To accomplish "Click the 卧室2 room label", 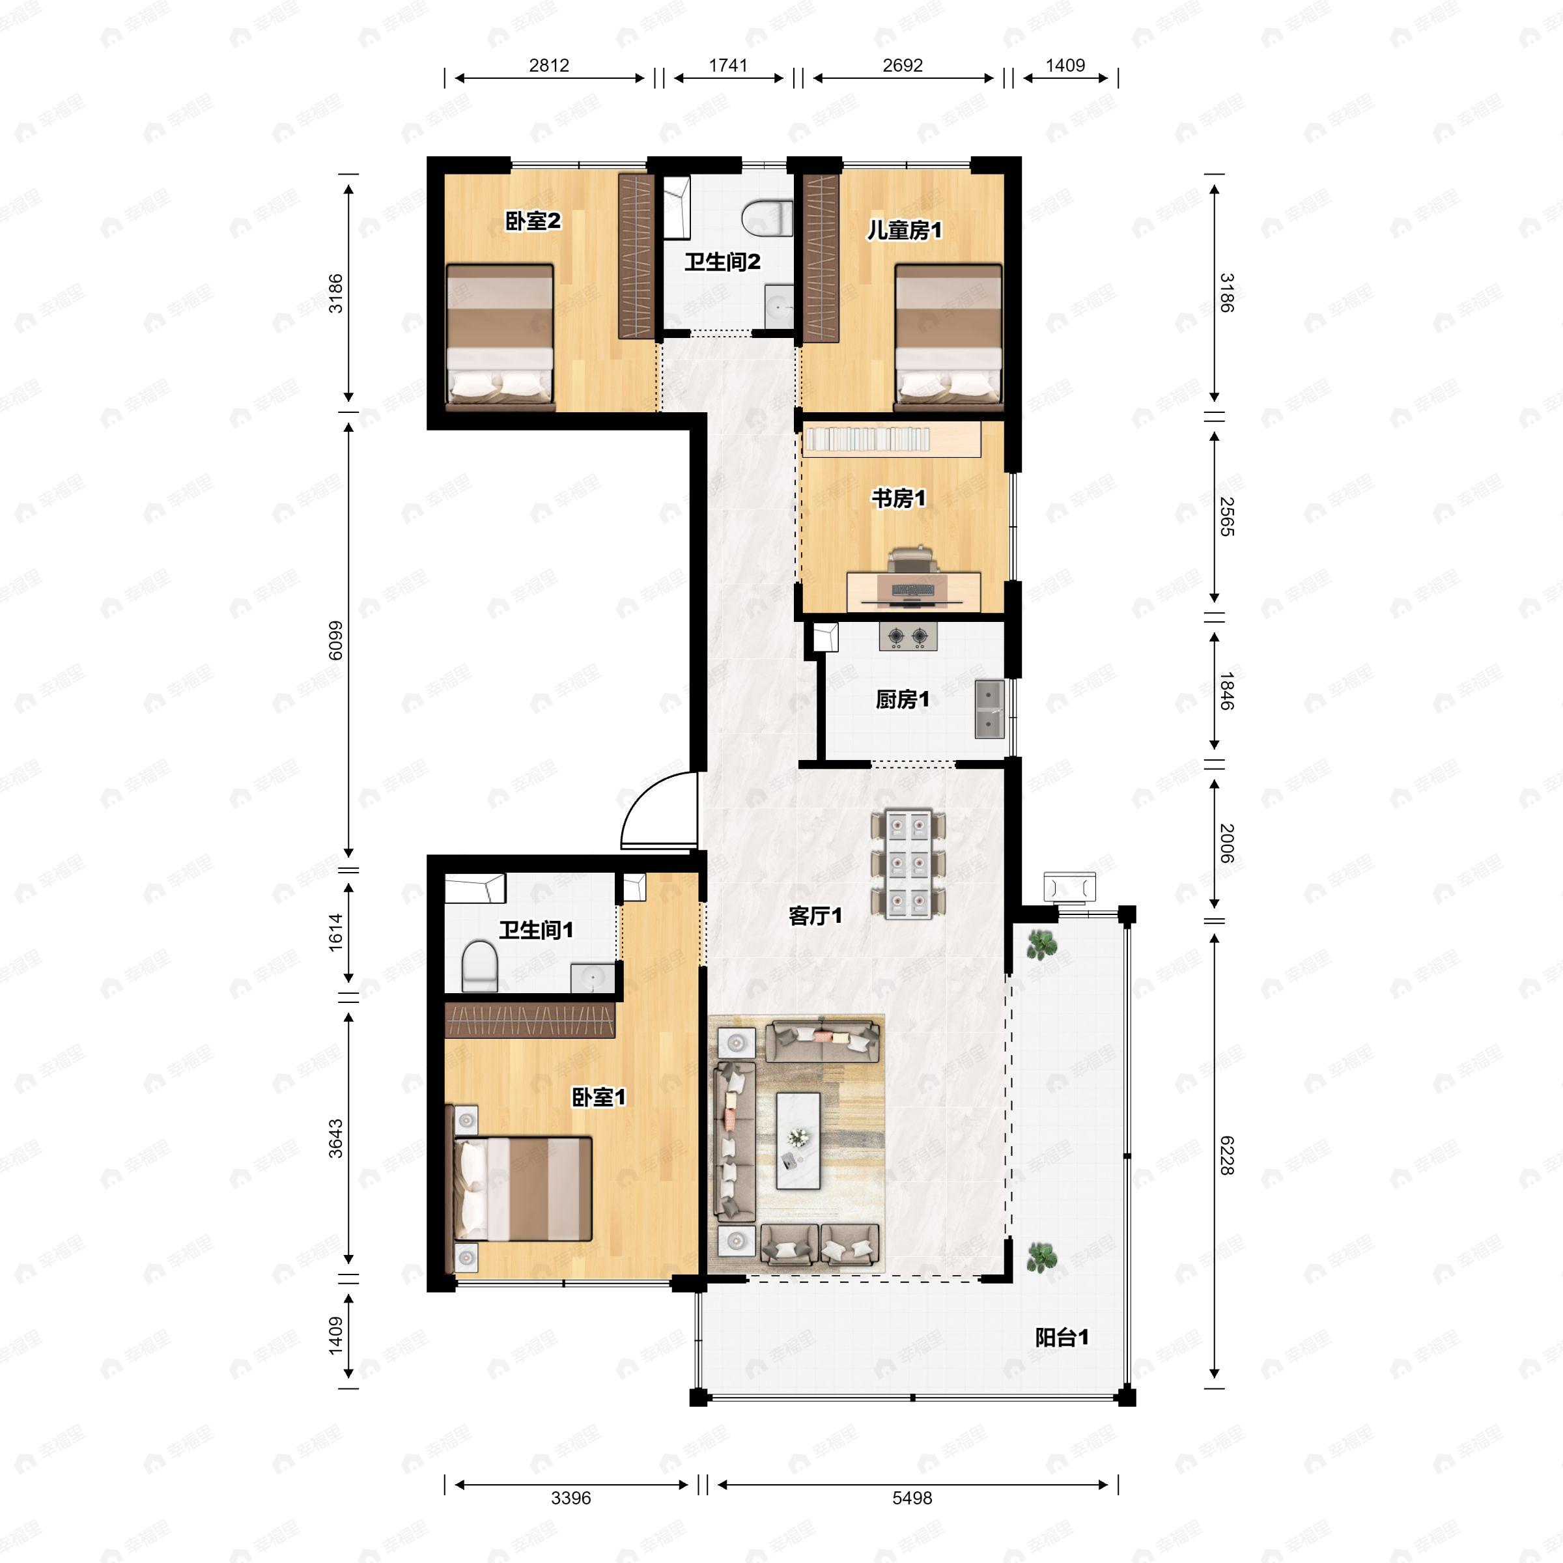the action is (533, 221).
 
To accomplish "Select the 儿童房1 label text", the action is (904, 231).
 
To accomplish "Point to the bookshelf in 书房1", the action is (892, 440).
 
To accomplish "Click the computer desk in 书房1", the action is (914, 591).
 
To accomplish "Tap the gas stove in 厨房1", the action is (908, 637).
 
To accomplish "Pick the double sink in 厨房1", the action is (989, 709).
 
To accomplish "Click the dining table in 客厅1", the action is (908, 863).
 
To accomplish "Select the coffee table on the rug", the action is (798, 1141).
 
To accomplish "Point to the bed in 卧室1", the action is (522, 1189).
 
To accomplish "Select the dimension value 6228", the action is (1227, 1155).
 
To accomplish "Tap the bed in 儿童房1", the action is (948, 333).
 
